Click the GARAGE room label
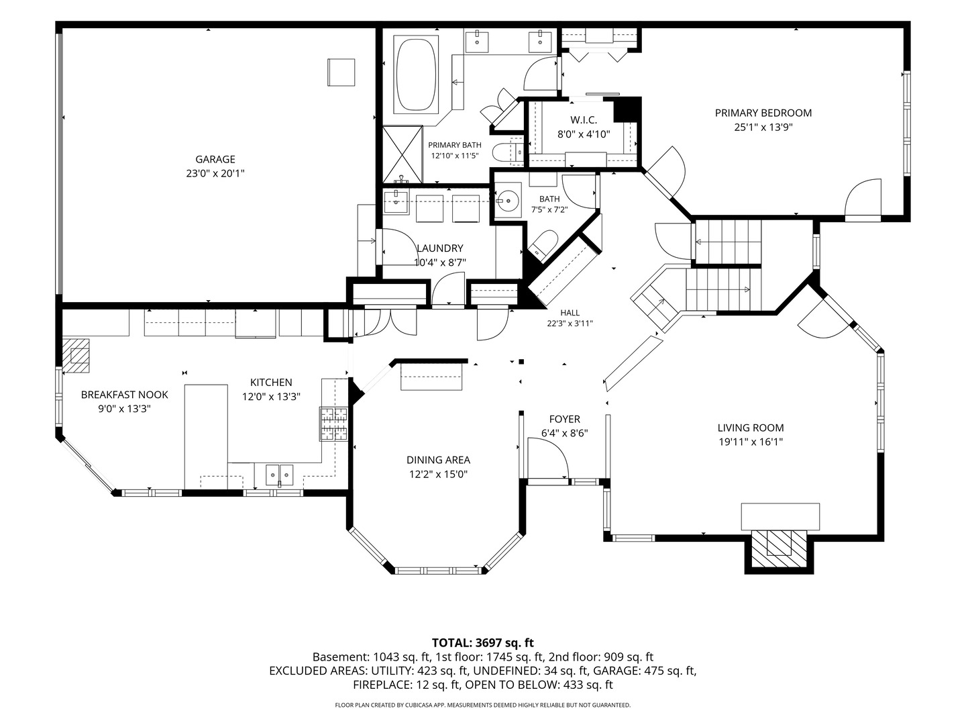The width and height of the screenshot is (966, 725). click(215, 159)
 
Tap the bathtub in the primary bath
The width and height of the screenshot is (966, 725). click(416, 73)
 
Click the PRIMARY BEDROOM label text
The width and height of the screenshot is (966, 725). click(763, 113)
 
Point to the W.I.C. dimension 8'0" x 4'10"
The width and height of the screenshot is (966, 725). click(584, 134)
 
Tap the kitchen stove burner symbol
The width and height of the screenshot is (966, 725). click(333, 424)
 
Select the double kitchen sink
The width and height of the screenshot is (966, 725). click(280, 475)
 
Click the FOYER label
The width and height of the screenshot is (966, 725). click(565, 419)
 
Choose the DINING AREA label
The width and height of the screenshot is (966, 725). click(438, 460)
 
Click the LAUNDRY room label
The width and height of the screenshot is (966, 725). click(440, 248)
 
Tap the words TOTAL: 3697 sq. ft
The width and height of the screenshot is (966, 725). click(483, 642)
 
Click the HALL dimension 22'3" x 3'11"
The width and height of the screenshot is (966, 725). click(570, 324)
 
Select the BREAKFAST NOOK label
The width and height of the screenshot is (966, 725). click(125, 395)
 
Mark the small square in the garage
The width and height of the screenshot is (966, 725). click(341, 72)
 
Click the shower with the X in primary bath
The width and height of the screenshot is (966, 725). click(402, 154)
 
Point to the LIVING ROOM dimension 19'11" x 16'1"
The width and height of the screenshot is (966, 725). click(751, 442)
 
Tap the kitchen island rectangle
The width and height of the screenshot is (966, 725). click(206, 436)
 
